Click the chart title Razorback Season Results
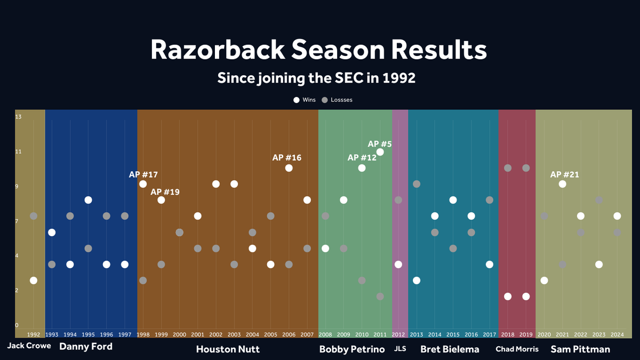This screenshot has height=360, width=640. click(x=318, y=50)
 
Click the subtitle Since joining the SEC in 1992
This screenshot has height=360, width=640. click(x=316, y=78)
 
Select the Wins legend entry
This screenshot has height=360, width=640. click(x=305, y=100)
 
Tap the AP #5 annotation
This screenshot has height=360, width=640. click(x=380, y=143)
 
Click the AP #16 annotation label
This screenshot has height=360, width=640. click(x=287, y=157)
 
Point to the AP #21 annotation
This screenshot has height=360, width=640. click(x=564, y=174)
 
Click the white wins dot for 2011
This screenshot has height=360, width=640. click(x=380, y=152)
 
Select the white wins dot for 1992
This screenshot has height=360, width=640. click(x=34, y=281)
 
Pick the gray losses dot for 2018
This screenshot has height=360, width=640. click(x=508, y=168)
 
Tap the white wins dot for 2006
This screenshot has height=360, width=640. click(x=289, y=168)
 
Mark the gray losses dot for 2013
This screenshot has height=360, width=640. click(x=417, y=184)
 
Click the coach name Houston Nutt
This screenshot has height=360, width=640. click(x=228, y=349)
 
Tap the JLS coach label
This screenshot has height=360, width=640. click(x=399, y=349)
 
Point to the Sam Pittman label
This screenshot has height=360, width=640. click(x=580, y=349)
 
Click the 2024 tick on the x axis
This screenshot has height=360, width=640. click(x=617, y=334)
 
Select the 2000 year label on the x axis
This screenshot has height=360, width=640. click(x=179, y=334)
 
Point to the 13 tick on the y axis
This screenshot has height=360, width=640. click(x=18, y=117)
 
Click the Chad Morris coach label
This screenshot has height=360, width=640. click(x=517, y=349)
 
